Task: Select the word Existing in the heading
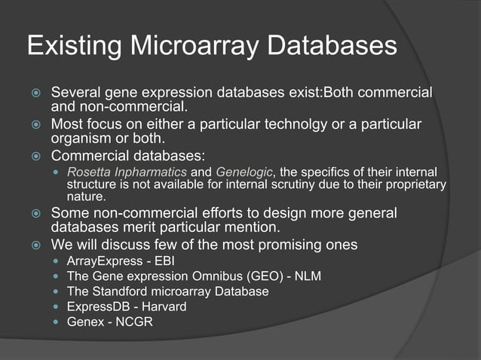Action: pyautogui.click(x=73, y=46)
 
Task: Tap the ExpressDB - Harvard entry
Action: pyautogui.click(x=126, y=307)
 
